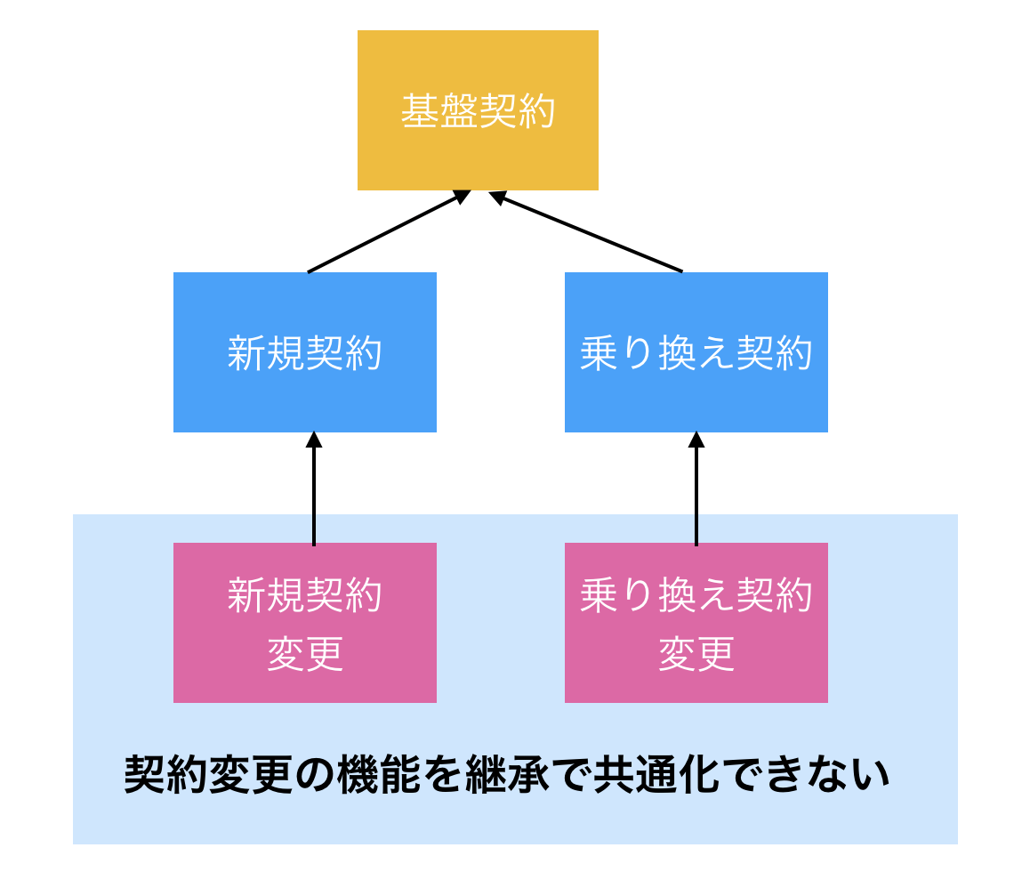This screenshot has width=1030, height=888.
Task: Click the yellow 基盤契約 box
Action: pos(478,110)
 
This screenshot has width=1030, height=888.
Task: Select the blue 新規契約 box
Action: pos(304,352)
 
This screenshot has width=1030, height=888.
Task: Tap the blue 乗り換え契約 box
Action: pos(696,352)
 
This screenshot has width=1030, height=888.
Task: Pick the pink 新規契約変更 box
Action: pos(304,623)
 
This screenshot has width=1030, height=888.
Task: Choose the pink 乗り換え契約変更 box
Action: pos(696,623)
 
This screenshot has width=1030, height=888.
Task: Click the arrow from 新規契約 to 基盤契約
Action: pos(388,231)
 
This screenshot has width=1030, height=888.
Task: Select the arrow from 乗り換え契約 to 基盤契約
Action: pos(587,232)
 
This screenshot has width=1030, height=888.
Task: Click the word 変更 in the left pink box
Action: pos(305,655)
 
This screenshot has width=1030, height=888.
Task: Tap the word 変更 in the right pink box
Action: pos(696,655)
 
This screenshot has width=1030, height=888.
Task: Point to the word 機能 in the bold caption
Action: pos(383,775)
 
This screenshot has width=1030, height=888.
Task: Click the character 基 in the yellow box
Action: pos(418,112)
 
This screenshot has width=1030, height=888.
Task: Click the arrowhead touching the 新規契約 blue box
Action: pos(313,440)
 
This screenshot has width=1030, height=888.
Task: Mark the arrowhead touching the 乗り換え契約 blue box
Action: pos(696,440)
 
